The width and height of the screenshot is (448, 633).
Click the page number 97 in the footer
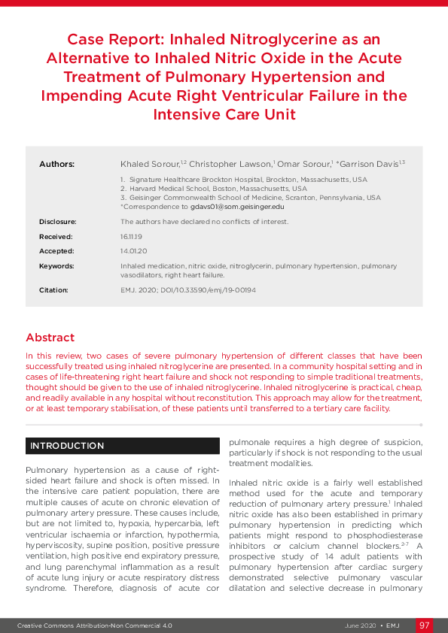[x=425, y=625]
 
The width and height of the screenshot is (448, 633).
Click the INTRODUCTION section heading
[x=67, y=446]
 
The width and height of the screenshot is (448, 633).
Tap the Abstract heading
[x=50, y=338]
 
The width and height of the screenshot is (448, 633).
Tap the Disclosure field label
[x=57, y=222]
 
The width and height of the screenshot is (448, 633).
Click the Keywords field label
[x=56, y=266]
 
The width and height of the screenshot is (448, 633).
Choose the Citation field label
[x=53, y=290]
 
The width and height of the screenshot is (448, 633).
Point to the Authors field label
[x=56, y=164]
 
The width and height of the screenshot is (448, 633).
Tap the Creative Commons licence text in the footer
[x=95, y=625]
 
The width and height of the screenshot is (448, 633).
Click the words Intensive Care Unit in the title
[x=224, y=115]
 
